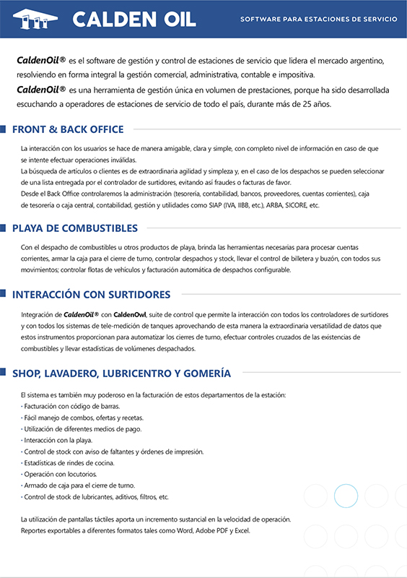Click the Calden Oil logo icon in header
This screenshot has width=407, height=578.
tap(35, 19)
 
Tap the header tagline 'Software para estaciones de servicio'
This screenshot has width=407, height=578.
tap(318, 19)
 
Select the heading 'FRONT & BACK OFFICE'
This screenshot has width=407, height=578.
tap(68, 130)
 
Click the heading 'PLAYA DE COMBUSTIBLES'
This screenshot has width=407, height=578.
tap(74, 229)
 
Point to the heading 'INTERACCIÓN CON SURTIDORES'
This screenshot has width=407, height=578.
tap(91, 295)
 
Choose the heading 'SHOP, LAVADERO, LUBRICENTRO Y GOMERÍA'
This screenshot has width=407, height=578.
tap(121, 374)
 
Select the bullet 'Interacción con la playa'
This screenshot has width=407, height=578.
tap(58, 440)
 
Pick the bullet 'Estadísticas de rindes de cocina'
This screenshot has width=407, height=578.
tap(69, 462)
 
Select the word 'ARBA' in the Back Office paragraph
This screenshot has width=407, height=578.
tap(254, 205)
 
